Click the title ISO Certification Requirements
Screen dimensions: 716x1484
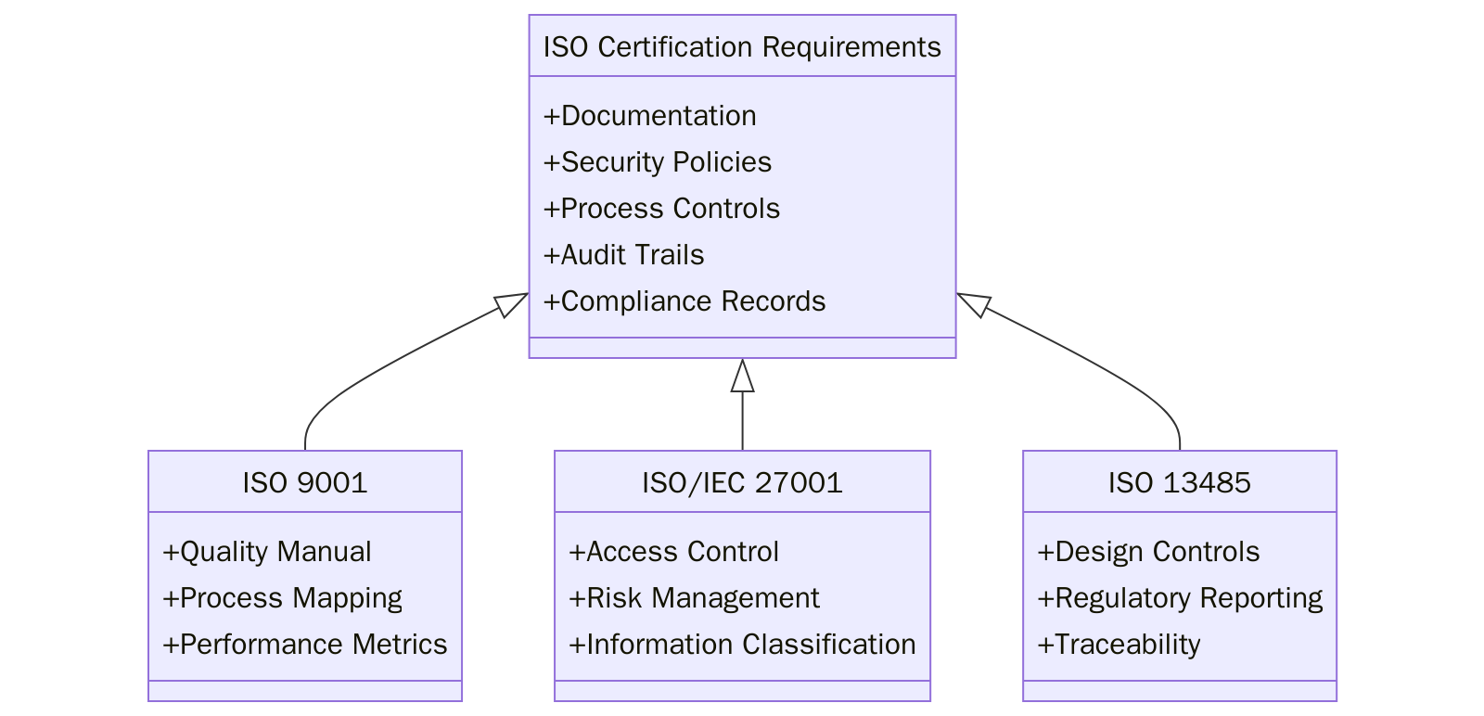(742, 46)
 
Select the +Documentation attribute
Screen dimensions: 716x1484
(649, 116)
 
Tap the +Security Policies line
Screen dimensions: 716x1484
(657, 162)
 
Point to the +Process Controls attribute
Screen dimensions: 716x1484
(661, 209)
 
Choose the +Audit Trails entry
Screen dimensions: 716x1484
(623, 255)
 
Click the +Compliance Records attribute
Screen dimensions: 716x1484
(684, 301)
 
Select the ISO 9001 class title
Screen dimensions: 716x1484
(305, 482)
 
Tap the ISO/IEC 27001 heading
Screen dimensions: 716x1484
(742, 482)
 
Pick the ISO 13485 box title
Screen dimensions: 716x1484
(1179, 482)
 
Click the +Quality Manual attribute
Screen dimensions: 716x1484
(266, 552)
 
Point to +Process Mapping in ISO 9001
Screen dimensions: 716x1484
(282, 598)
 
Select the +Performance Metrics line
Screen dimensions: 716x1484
(304, 645)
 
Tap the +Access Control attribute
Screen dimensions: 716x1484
(673, 552)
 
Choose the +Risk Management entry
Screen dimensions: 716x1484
(694, 598)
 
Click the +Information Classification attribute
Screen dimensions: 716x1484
(742, 645)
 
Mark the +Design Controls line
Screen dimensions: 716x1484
(1148, 552)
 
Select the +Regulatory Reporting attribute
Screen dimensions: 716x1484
(1180, 598)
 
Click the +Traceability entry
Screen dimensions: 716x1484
(1119, 645)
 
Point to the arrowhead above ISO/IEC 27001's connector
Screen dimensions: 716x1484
(742, 376)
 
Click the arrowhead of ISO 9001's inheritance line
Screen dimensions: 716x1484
(511, 303)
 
